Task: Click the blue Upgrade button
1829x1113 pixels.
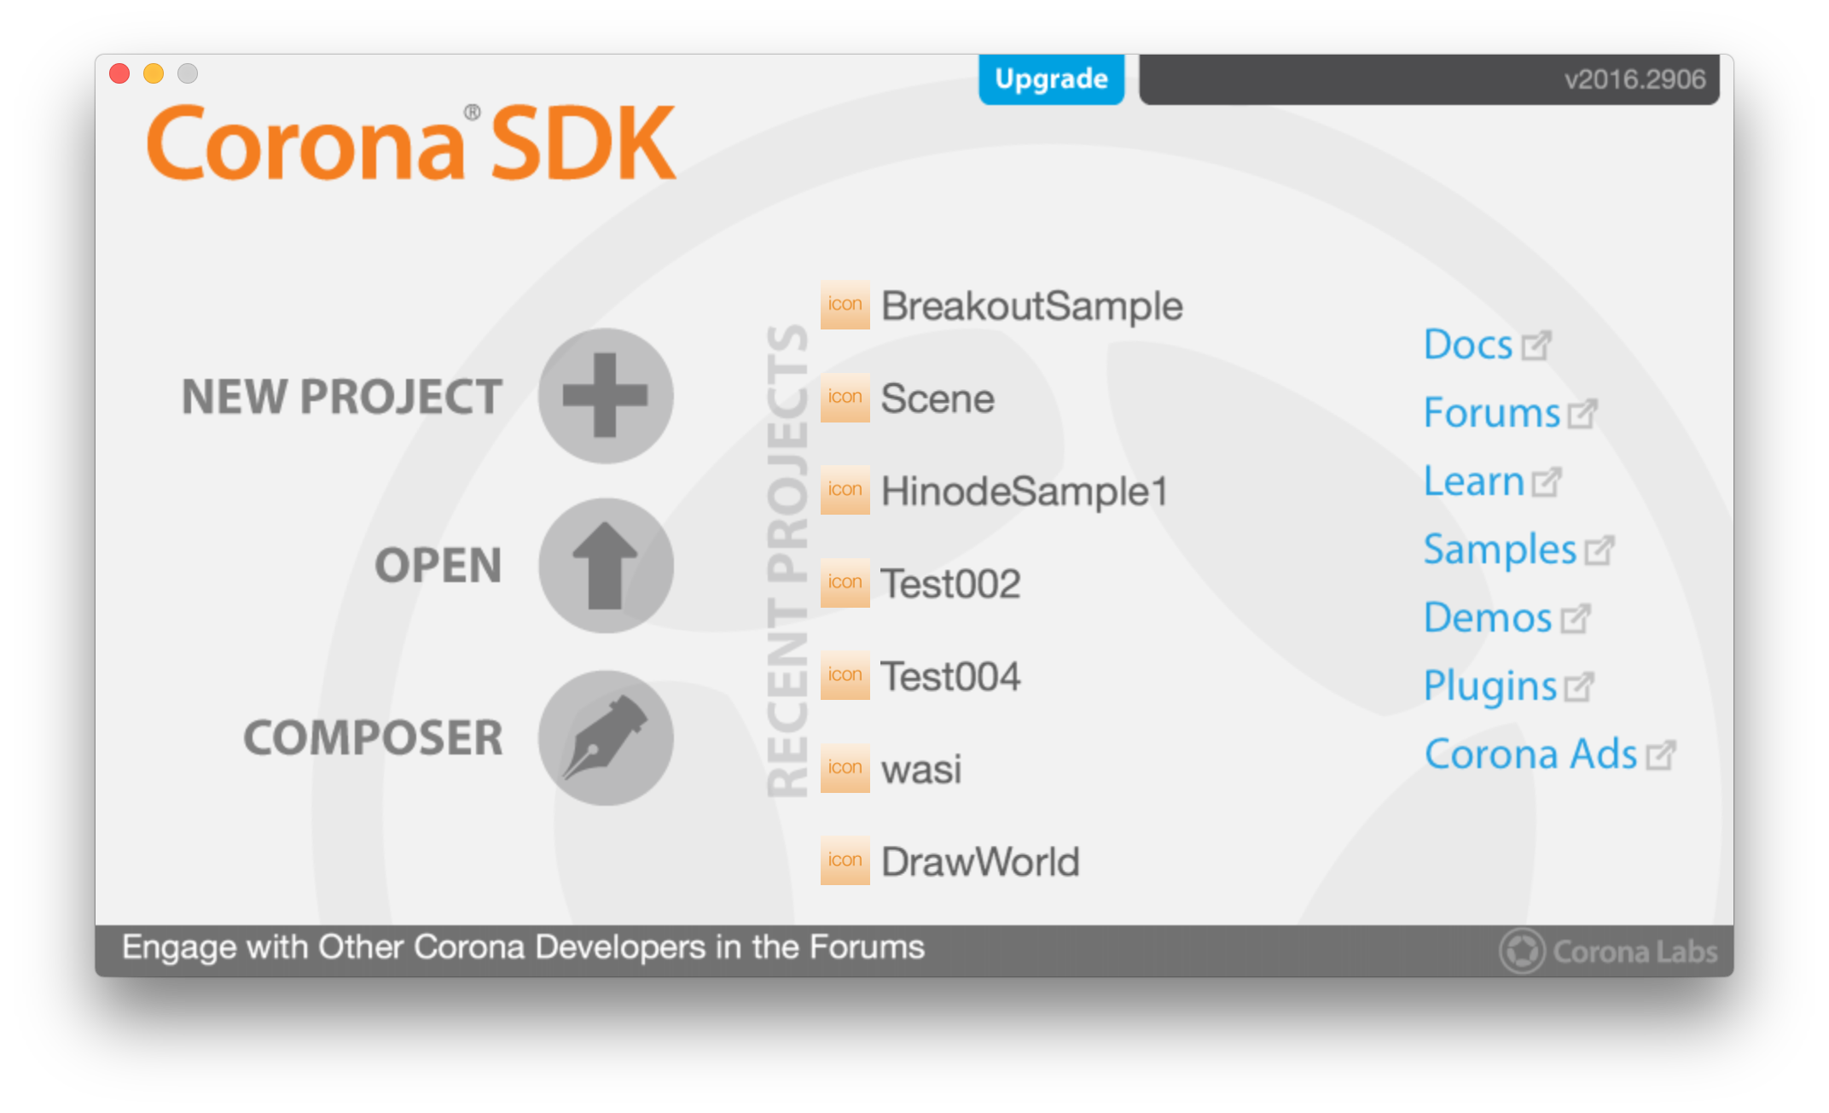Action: click(x=1051, y=79)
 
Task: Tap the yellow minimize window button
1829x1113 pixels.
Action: click(x=154, y=73)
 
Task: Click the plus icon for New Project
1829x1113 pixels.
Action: click(x=606, y=396)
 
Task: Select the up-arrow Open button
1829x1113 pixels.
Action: click(x=606, y=566)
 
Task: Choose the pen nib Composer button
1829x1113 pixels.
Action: click(x=606, y=738)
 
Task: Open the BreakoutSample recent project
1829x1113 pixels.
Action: click(x=1031, y=306)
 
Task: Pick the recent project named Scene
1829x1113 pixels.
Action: click(x=938, y=399)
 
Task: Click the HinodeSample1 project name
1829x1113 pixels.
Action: click(x=1024, y=491)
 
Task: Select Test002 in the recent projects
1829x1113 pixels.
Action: click(x=950, y=584)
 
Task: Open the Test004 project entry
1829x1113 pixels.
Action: click(x=950, y=677)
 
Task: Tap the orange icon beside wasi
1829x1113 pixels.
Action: click(x=845, y=768)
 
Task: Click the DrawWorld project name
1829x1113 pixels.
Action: click(x=980, y=862)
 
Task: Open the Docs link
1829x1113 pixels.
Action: click(x=1487, y=345)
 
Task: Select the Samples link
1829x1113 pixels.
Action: click(x=1518, y=550)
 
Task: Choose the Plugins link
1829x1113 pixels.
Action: click(x=1508, y=686)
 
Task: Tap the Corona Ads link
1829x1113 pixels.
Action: click(x=1550, y=755)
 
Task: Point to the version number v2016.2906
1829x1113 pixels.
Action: click(x=1634, y=79)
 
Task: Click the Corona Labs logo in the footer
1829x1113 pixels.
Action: click(x=1608, y=951)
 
